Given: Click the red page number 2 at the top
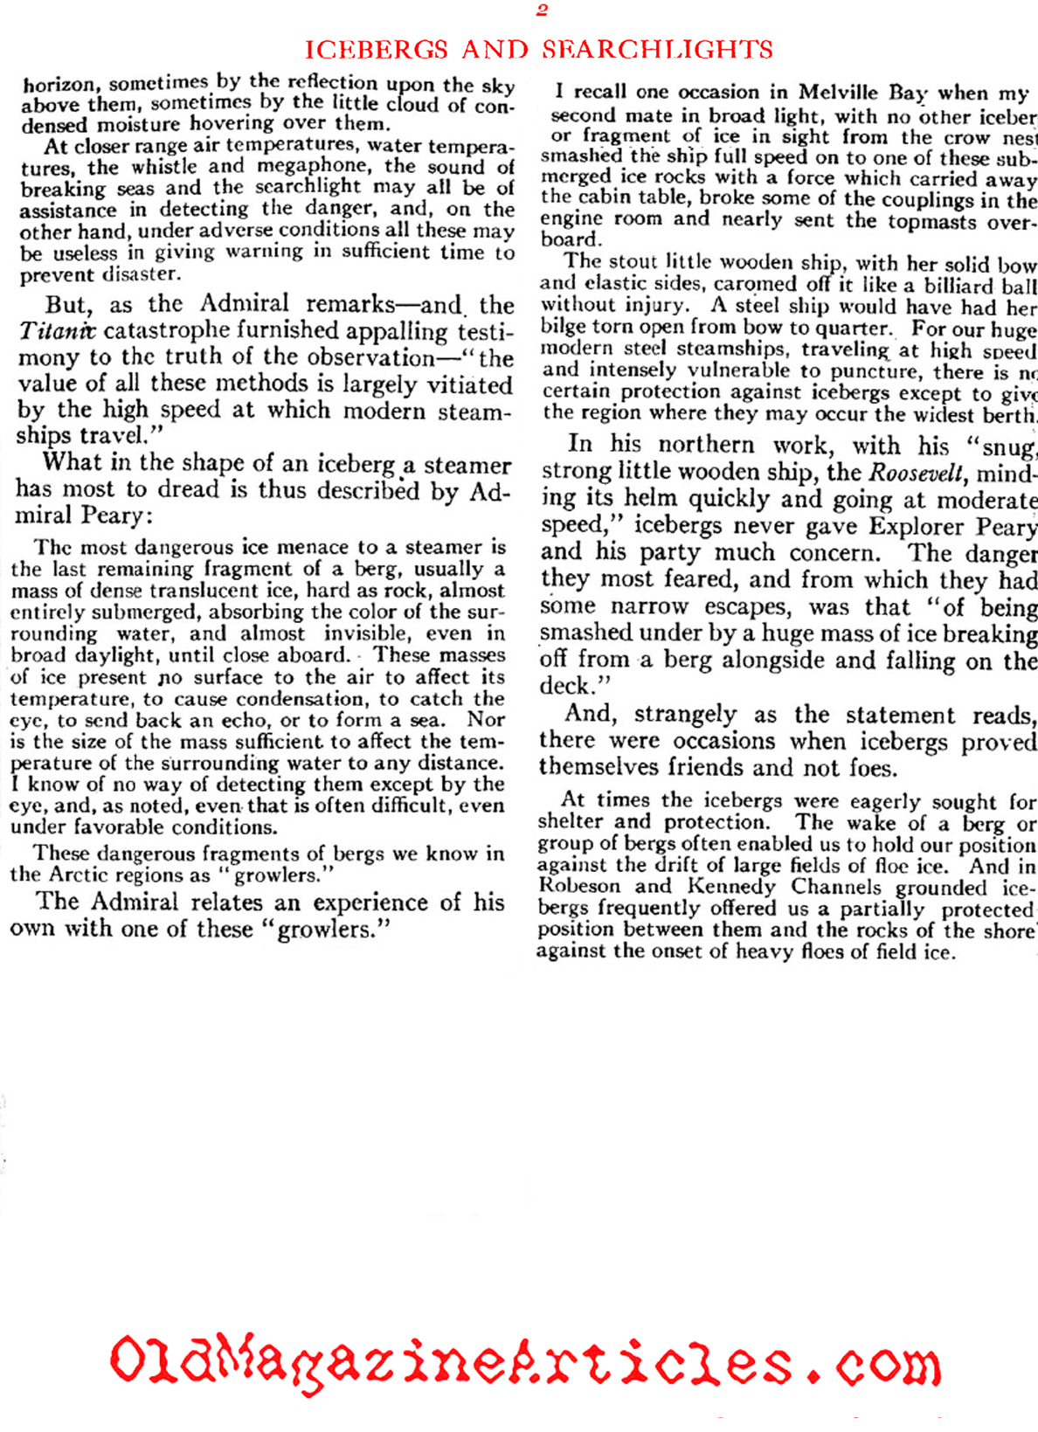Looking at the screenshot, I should click(x=542, y=10).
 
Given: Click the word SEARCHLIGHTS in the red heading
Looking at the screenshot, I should click(x=658, y=49).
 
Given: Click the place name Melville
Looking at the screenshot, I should click(x=840, y=93).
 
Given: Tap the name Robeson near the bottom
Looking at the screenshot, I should click(x=578, y=887).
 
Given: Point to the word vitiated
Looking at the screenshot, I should click(x=462, y=385).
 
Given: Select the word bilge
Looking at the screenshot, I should click(x=561, y=329).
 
